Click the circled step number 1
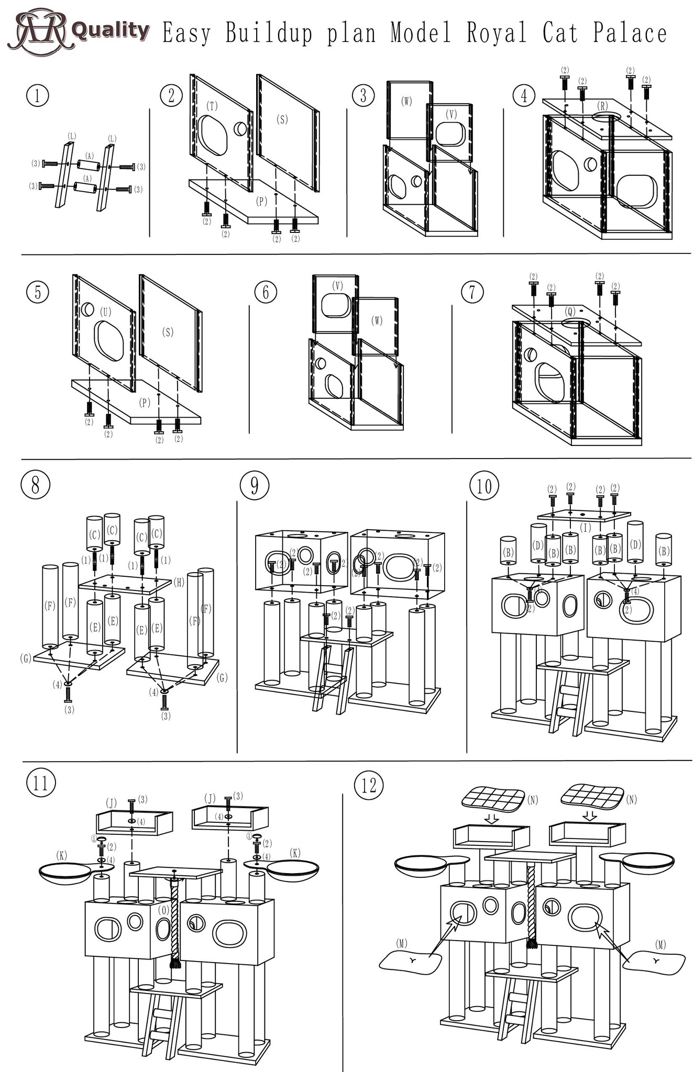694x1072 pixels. (x=37, y=96)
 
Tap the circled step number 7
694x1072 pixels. (x=472, y=292)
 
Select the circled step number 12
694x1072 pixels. (x=369, y=785)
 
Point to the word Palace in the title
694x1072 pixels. (x=630, y=33)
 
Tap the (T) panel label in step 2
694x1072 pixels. (x=212, y=106)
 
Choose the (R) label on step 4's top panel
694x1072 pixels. (x=603, y=105)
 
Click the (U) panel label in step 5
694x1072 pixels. (x=106, y=312)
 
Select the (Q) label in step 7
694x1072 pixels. (x=570, y=312)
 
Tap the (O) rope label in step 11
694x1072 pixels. (x=163, y=911)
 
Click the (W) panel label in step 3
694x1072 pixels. (x=406, y=102)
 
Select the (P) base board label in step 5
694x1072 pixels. (x=145, y=403)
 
